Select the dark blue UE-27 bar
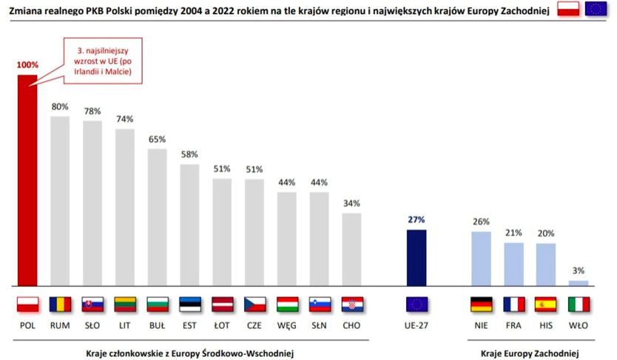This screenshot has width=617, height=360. (417, 257)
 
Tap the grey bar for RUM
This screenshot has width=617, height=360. (60, 200)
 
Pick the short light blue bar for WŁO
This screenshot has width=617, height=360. (579, 282)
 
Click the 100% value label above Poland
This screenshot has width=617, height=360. (27, 65)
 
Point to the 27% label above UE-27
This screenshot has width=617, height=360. (417, 220)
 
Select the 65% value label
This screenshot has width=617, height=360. (157, 139)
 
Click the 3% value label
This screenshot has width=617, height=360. (579, 271)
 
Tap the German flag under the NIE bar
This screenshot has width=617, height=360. (481, 304)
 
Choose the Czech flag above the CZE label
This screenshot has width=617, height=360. (254, 304)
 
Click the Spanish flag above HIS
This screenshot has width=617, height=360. (546, 304)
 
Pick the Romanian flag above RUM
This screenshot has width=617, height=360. (60, 304)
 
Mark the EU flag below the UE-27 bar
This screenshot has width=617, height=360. (417, 304)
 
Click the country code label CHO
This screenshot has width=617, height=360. (352, 324)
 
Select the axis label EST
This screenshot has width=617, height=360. (189, 324)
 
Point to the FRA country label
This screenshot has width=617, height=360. (513, 324)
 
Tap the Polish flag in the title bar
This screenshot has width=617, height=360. (567, 9)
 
